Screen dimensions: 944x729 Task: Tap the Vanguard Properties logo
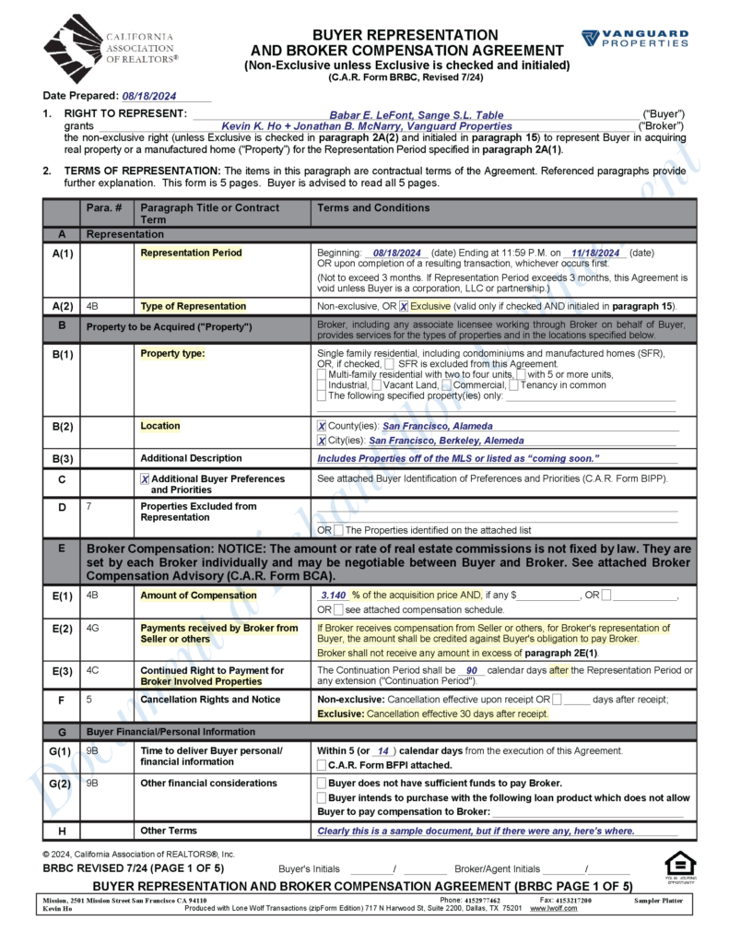634,39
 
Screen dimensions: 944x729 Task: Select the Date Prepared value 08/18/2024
148,96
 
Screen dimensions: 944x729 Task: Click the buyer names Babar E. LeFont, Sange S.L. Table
417,114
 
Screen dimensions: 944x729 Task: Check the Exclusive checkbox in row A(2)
404,306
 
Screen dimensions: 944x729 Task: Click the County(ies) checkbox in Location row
321,426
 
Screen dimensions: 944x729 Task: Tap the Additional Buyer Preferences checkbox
145,479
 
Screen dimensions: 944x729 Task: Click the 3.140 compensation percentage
333,596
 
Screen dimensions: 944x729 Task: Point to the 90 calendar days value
471,670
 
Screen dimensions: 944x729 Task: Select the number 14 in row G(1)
383,750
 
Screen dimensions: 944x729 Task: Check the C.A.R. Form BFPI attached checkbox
321,765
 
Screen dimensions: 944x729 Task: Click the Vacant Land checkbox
377,384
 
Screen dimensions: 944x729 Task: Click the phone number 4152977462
483,900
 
